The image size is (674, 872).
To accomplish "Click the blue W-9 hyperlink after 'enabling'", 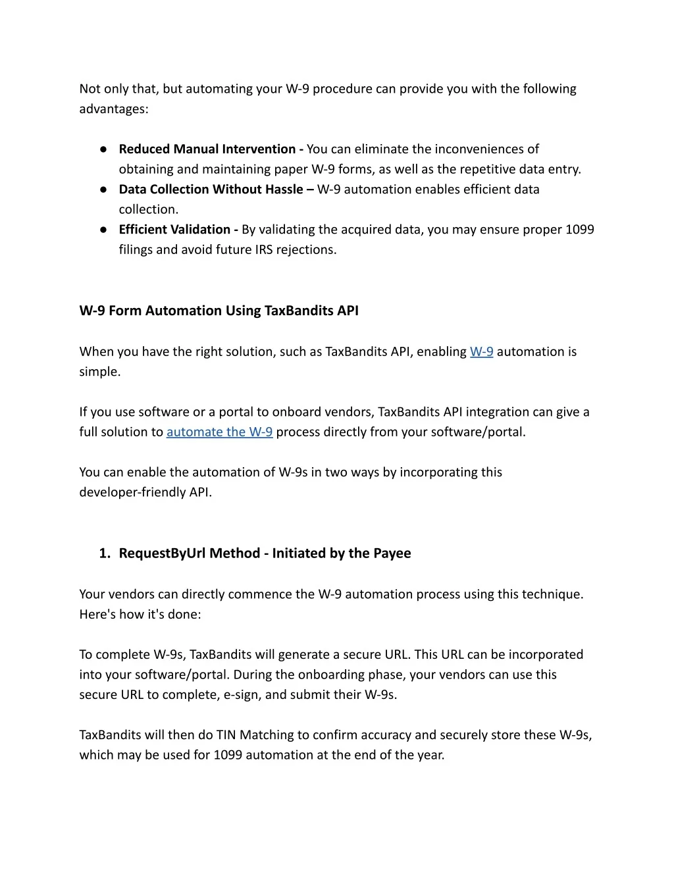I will coord(481,351).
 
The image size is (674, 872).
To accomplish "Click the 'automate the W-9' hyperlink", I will coord(219,432).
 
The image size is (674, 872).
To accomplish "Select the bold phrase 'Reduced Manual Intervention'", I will coord(207,149).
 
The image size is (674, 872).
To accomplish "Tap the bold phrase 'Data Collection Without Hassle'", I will coord(211,189).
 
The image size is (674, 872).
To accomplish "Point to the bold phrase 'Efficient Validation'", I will coord(174,229).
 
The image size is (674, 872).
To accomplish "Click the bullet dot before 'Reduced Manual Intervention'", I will coord(104,149).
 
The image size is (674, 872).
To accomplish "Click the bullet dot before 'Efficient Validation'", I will coord(104,230).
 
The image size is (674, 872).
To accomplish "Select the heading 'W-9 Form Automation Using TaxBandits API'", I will coord(219,311).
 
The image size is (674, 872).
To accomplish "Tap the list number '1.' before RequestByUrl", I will coord(105,553).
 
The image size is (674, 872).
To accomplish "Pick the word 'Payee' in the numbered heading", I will coord(392,553).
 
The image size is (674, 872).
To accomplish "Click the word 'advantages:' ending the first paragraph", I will coord(114,109).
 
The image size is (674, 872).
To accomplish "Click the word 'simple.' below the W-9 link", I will coord(100,371).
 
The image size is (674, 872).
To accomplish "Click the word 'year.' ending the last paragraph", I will coord(430,755).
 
